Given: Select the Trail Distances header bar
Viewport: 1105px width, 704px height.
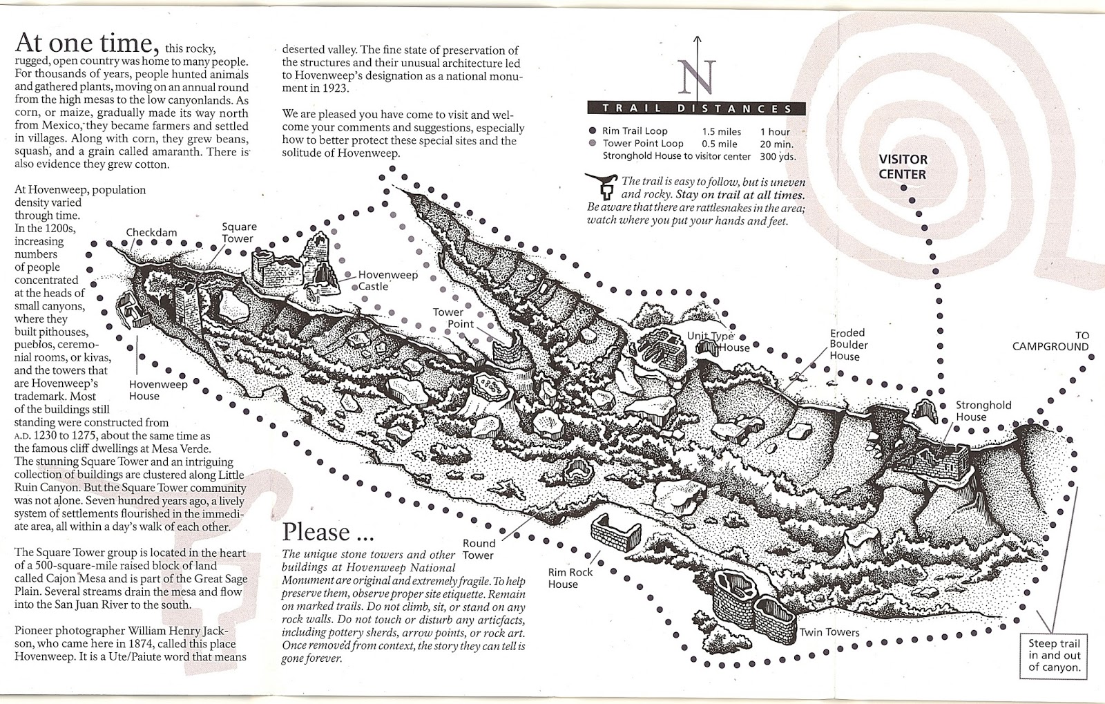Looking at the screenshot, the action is pos(695,108).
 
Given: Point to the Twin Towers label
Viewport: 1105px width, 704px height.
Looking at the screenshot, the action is pos(829,632).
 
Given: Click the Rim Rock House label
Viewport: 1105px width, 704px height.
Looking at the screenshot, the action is pos(570,578).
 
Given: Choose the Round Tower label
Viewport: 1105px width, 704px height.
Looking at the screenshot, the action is pos(479,549).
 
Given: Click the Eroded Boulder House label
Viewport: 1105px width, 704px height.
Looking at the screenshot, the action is pos(849,345).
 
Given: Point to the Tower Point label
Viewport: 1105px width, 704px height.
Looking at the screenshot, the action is pos(453,318).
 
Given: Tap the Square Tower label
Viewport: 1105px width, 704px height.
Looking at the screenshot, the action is pos(238,233).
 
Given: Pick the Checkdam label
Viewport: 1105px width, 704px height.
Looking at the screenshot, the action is pos(151,233).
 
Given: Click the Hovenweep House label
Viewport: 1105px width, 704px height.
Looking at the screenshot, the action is pos(158,390).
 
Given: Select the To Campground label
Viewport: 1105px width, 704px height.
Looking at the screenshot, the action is pos(1050,341).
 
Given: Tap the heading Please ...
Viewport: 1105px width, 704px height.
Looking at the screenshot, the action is pos(316,533).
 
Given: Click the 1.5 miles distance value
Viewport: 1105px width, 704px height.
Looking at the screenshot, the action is pos(721,131).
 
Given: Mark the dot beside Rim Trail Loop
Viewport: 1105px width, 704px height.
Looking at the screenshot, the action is pos(593,131).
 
